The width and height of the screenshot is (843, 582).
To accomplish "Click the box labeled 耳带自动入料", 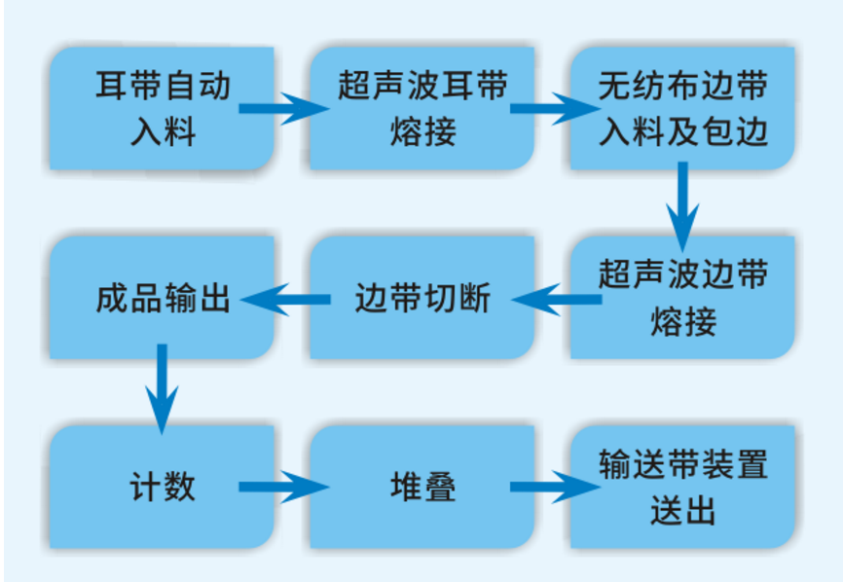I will click(x=163, y=107).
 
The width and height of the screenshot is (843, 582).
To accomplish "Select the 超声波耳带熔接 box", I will click(x=421, y=107).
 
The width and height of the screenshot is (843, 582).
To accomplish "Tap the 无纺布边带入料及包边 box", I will click(x=682, y=107).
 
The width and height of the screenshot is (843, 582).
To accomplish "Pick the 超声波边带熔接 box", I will click(x=682, y=297).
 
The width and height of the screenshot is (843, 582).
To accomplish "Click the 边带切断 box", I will click(x=421, y=297).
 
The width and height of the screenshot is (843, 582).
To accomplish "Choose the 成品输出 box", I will click(x=163, y=297).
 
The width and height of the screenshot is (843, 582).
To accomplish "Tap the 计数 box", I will click(x=163, y=486).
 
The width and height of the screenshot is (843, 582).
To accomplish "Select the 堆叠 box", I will click(x=421, y=486).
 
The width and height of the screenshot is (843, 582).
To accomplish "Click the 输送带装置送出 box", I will click(x=682, y=486).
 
